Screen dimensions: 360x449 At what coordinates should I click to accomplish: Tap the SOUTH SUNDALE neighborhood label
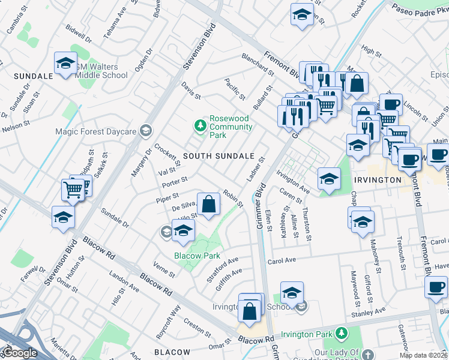point(218,156)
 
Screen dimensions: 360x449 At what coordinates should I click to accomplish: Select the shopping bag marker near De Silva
point(208,205)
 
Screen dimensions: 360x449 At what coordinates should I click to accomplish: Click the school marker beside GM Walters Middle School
point(65,64)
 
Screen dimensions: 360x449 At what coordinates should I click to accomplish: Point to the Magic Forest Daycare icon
point(145,131)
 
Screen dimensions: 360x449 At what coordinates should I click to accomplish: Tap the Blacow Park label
point(197,256)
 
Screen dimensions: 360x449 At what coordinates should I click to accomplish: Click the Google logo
point(20,353)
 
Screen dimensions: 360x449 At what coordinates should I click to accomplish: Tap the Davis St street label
point(191,92)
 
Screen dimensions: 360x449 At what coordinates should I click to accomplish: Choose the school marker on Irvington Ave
point(329,179)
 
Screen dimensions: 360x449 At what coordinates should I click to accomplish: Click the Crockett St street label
point(167,155)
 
